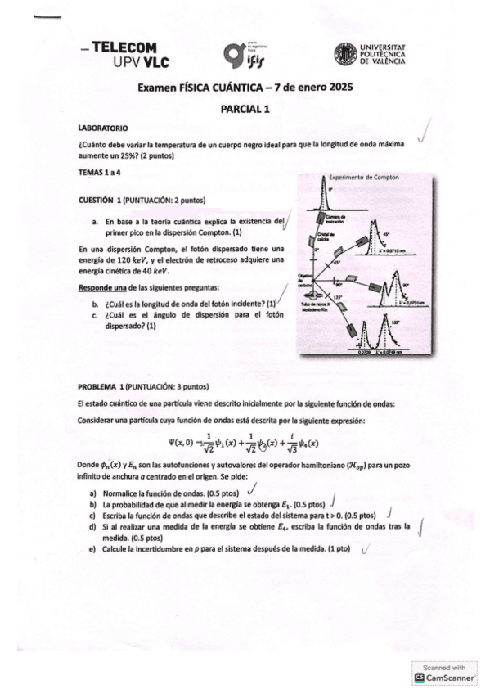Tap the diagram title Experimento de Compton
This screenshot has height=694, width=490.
point(363,177)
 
